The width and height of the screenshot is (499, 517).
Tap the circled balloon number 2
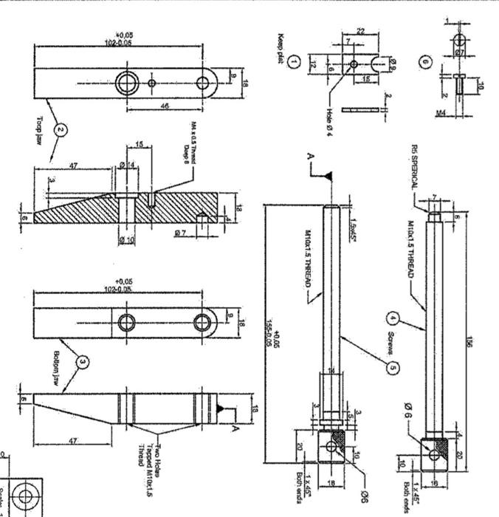[x=62, y=131]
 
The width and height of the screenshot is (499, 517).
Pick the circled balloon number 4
[x=393, y=320]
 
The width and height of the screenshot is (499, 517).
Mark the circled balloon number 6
[x=425, y=62]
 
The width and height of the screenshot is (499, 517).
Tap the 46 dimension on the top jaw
[x=167, y=106]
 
